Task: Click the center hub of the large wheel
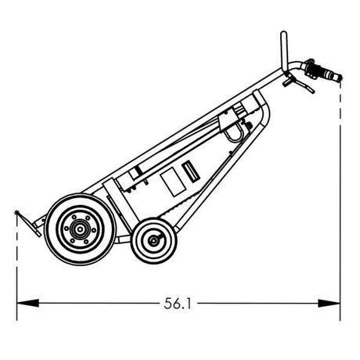(x=77, y=229)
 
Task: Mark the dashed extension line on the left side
(x=16, y=258)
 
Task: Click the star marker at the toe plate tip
(x=16, y=212)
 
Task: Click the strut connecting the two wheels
(x=117, y=235)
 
